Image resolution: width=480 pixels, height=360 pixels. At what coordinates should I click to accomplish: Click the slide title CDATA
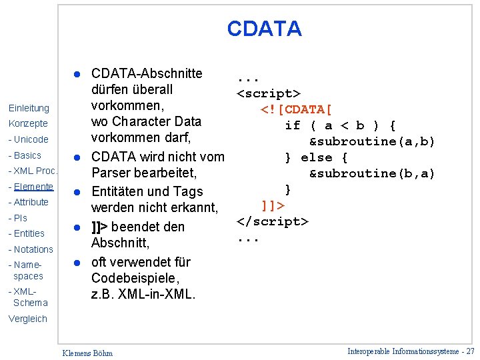[264, 29]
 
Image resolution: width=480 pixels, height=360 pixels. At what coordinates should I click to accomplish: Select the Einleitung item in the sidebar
[29, 108]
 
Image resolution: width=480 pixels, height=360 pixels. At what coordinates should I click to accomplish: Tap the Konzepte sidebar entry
[28, 124]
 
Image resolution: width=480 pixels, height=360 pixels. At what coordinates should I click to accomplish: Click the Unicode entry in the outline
[29, 140]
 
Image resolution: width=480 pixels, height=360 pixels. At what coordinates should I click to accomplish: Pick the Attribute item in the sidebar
[29, 202]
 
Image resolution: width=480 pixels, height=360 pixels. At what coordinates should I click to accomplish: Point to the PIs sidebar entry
[18, 218]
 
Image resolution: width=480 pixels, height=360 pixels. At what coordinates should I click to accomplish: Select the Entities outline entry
[27, 233]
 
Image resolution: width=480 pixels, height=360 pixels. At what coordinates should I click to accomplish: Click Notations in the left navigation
[31, 249]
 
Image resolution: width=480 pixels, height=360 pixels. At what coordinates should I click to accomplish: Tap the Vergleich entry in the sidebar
[28, 319]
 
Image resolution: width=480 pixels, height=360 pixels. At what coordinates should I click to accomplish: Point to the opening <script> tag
[269, 93]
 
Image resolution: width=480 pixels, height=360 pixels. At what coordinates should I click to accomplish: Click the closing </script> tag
[273, 221]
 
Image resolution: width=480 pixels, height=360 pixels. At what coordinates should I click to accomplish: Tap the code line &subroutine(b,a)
[371, 173]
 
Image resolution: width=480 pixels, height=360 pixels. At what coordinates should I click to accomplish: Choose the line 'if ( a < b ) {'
[340, 125]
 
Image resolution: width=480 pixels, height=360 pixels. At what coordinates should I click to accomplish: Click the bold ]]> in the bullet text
[100, 227]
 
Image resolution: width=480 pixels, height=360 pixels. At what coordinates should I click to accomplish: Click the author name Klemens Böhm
[87, 353]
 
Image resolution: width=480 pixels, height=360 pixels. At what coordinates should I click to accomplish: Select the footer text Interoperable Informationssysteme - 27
[411, 351]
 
